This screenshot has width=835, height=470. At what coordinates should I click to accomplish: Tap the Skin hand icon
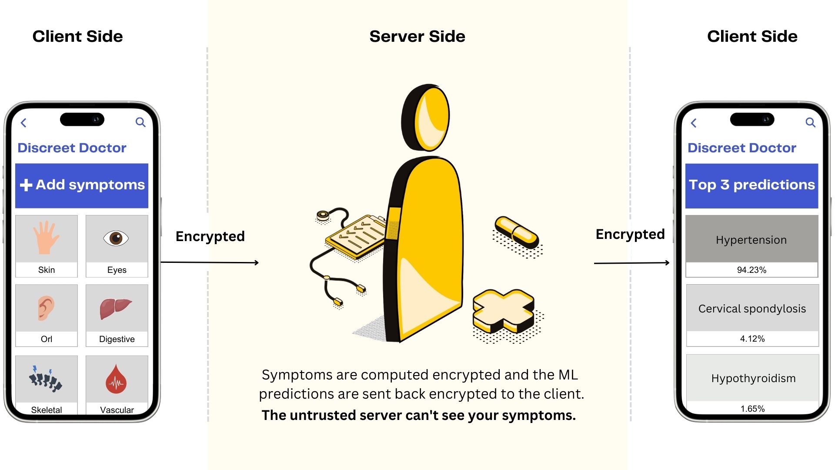(x=46, y=238)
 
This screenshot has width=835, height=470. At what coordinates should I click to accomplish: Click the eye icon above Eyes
(x=116, y=238)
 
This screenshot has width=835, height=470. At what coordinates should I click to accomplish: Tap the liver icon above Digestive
(x=115, y=308)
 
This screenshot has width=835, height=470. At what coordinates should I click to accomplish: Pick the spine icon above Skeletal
(x=45, y=378)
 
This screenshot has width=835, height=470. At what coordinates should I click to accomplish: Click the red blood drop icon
(x=116, y=379)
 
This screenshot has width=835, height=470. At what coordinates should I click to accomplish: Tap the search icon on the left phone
(x=140, y=122)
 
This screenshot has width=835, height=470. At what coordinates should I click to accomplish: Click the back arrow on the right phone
(x=694, y=123)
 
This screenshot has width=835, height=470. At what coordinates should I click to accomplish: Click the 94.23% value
(x=751, y=270)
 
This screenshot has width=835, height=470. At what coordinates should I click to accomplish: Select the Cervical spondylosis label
(x=752, y=309)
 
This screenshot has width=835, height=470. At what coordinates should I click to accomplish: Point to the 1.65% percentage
(x=752, y=409)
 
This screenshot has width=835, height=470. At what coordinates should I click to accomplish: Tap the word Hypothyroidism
(x=753, y=378)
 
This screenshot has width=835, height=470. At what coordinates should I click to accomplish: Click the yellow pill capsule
(x=517, y=232)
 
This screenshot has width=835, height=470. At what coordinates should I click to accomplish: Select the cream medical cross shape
(x=503, y=310)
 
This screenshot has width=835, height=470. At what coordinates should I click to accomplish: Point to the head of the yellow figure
(x=426, y=117)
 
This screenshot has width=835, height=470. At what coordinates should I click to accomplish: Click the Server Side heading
(x=417, y=36)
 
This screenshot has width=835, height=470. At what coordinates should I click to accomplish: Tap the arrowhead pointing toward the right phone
(x=667, y=262)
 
